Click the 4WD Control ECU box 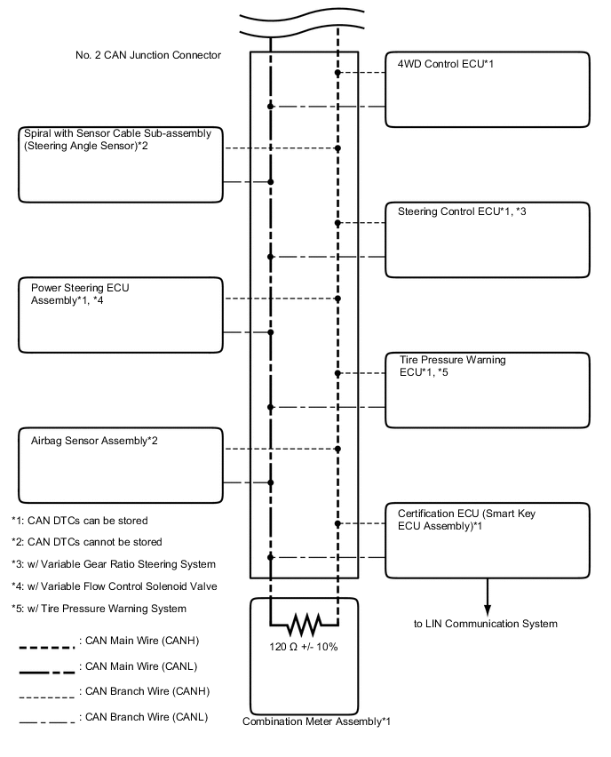(x=487, y=89)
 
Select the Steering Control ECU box (x=487, y=240)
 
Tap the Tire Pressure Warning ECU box (x=487, y=389)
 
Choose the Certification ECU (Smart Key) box (x=487, y=540)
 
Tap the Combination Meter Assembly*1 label (x=316, y=721)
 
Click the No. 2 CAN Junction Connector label (x=148, y=55)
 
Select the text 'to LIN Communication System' (x=486, y=624)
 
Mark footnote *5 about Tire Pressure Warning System (x=99, y=609)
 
